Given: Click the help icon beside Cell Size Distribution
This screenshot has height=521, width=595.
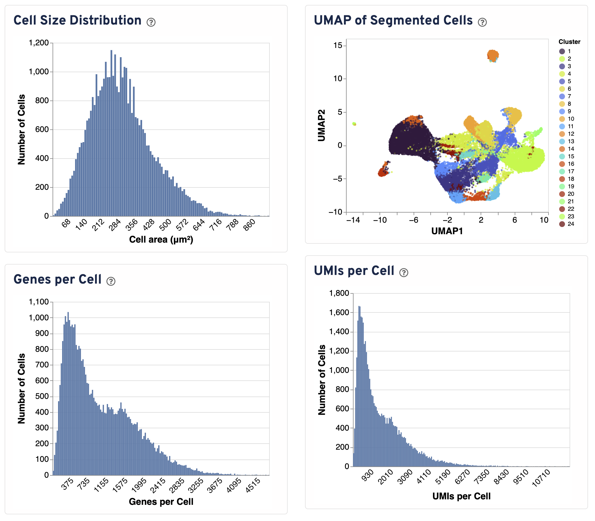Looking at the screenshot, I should click(151, 22).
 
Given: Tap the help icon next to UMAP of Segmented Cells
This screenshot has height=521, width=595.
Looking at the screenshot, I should click(482, 22).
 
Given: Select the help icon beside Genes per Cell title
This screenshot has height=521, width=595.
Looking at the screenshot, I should click(111, 281).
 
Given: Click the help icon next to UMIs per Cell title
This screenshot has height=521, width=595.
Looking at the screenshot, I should click(404, 272).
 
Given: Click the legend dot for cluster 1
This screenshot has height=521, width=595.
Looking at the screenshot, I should click(562, 51).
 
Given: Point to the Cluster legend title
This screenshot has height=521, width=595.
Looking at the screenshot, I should click(569, 42).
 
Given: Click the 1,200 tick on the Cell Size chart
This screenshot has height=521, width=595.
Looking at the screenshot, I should click(39, 43).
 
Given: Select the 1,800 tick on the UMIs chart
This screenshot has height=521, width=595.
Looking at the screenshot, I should click(339, 293).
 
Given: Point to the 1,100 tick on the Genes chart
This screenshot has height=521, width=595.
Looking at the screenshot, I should click(39, 302).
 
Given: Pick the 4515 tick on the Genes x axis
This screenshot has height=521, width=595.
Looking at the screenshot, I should click(253, 485).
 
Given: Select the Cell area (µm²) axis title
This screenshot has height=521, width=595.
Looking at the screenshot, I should click(161, 240).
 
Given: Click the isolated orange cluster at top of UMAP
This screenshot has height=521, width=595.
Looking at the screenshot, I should click(493, 55).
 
